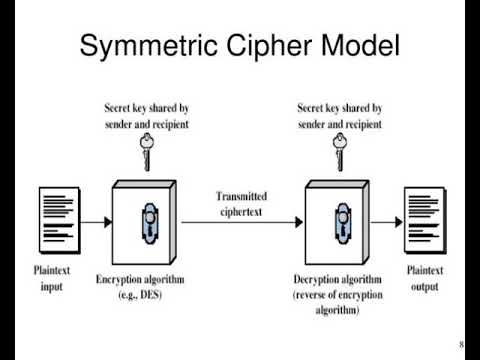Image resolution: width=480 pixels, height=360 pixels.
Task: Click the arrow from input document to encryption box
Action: pyautogui.click(x=97, y=222)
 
